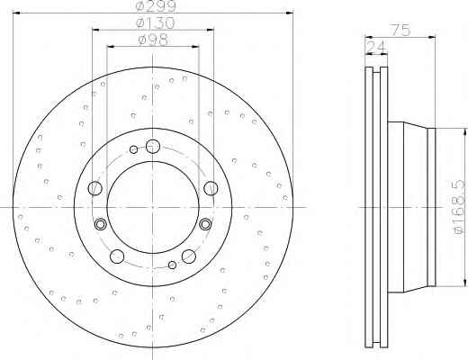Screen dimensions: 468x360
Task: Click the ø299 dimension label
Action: click(155, 6)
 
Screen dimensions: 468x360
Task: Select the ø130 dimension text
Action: click(155, 23)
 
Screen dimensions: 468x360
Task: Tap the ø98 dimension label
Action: click(153, 40)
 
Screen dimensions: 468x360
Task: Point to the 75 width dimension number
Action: click(401, 31)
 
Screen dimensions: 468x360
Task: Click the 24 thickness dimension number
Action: click(376, 48)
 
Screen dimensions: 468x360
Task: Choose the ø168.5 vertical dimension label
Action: click(461, 207)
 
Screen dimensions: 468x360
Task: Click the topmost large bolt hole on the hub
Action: click(153, 147)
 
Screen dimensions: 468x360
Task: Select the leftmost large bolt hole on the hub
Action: click(95, 188)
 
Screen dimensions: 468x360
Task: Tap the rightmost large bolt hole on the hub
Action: click(211, 188)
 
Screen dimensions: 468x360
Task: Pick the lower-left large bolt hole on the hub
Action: click(117, 256)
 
